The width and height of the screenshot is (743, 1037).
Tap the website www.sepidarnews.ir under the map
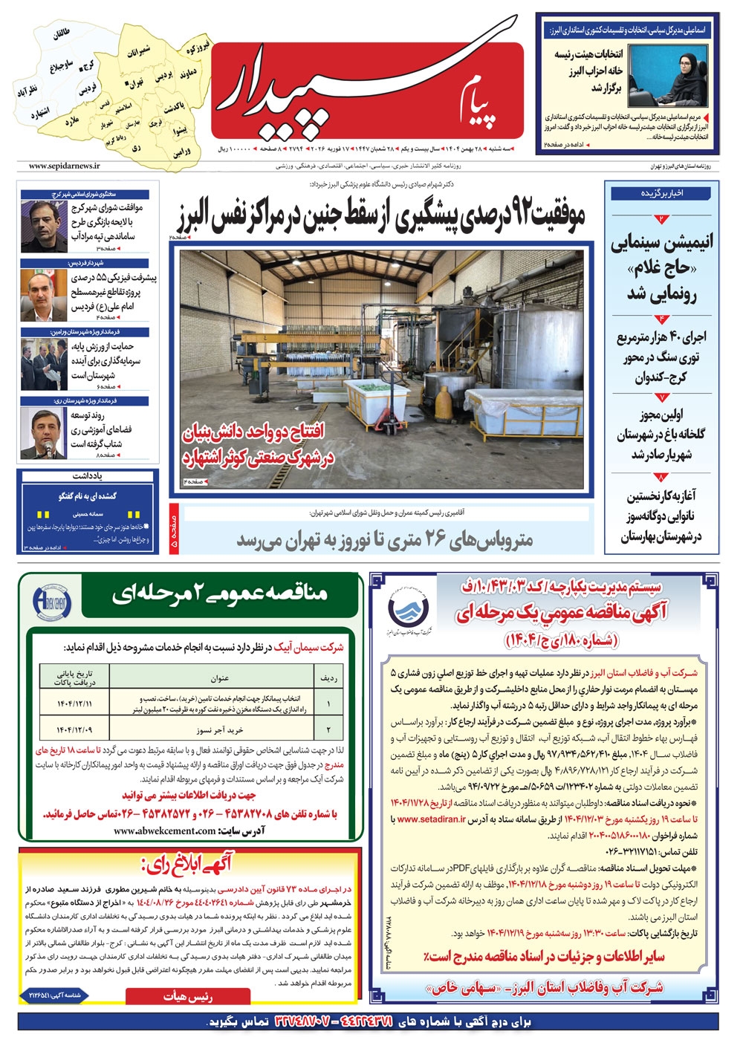[64, 166]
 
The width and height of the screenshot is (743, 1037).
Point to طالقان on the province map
[61, 34]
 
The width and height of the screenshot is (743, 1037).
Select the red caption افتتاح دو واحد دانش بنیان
[254, 432]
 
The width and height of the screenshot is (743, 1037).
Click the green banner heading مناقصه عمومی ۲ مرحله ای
[220, 594]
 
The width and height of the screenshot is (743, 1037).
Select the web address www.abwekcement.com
[165, 830]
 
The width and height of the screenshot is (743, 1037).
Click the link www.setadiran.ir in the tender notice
[432, 819]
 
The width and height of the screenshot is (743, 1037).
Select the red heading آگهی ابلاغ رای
[186, 864]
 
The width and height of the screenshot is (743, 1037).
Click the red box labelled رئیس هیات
[188, 996]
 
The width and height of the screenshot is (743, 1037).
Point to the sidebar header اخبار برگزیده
[662, 192]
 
